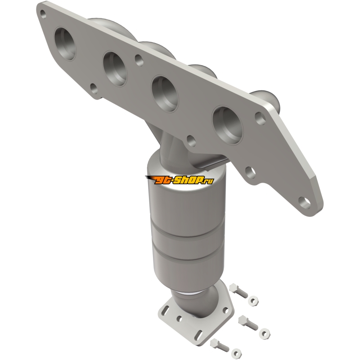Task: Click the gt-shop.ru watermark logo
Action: point(180,180)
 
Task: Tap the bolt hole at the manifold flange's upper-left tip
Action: point(43,14)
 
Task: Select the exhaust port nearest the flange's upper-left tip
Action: point(64,44)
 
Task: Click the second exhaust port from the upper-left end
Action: point(115,69)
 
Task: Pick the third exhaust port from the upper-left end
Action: point(165,93)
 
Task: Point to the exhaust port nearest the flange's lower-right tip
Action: point(228,125)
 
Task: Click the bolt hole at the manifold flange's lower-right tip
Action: point(304,202)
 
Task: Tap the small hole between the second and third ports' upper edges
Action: point(139,60)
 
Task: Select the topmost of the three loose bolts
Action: point(238,290)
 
